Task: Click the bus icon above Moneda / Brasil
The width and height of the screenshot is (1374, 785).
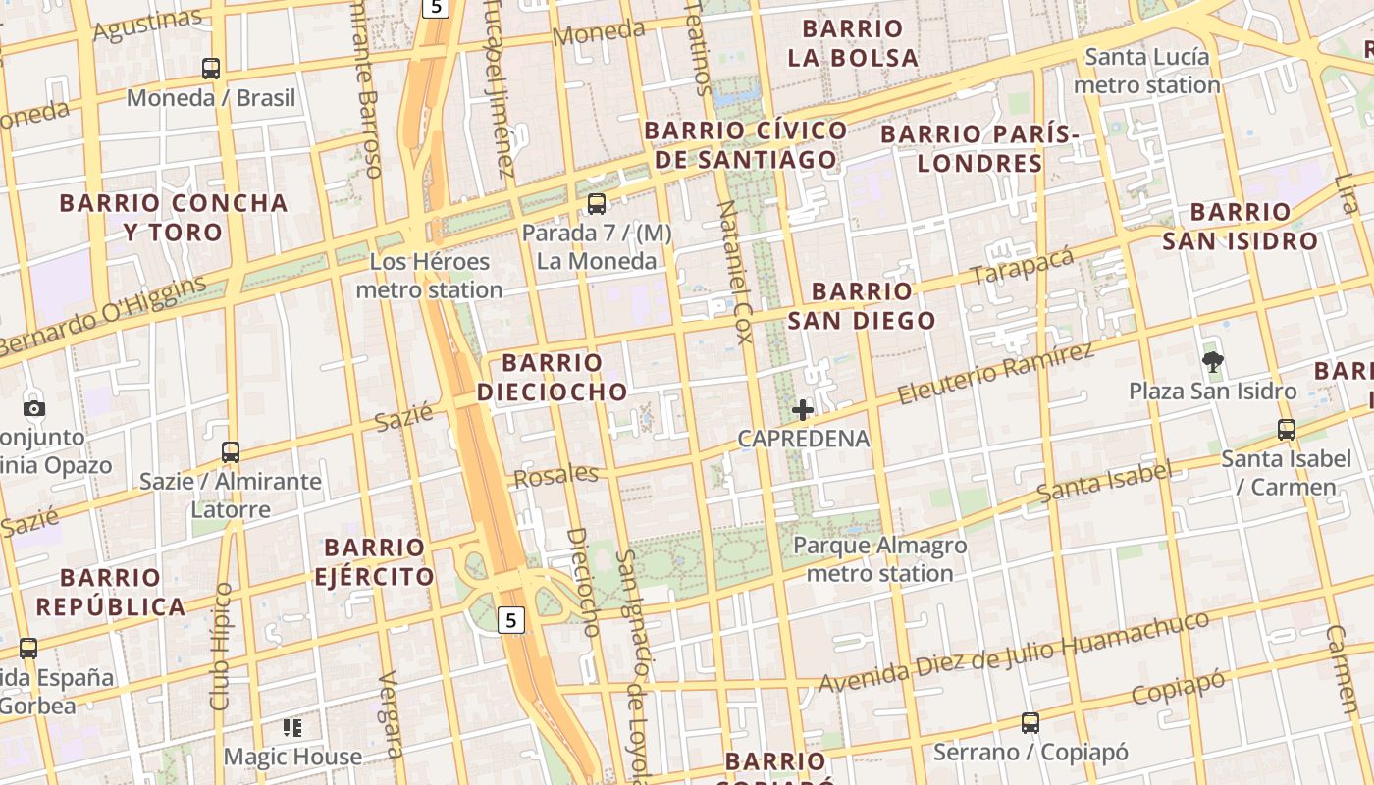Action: pyautogui.click(x=211, y=69)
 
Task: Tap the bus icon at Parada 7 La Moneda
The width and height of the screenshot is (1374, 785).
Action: pyautogui.click(x=596, y=204)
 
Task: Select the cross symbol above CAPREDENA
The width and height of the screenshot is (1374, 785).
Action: pyautogui.click(x=803, y=410)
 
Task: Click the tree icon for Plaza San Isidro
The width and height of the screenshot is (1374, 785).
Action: pyautogui.click(x=1213, y=362)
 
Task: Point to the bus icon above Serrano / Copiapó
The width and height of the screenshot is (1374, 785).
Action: pyautogui.click(x=1030, y=723)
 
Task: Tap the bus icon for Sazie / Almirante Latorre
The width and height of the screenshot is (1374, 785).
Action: pyautogui.click(x=231, y=452)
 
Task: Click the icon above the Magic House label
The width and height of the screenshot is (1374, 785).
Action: pyautogui.click(x=292, y=728)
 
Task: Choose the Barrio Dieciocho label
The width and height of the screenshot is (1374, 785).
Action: pyautogui.click(x=552, y=378)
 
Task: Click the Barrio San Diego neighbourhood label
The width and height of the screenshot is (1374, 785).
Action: pyautogui.click(x=862, y=305)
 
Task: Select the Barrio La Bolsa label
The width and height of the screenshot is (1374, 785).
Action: pyautogui.click(x=853, y=43)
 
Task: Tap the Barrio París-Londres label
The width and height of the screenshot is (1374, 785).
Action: pyautogui.click(x=979, y=148)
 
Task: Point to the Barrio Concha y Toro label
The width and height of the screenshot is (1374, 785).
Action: pyautogui.click(x=174, y=218)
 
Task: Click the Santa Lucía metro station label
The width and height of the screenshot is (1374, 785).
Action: pyautogui.click(x=1146, y=72)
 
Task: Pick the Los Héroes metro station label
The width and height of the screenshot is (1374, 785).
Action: pyautogui.click(x=429, y=276)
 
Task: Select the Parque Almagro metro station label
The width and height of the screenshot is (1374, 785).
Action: pyautogui.click(x=879, y=559)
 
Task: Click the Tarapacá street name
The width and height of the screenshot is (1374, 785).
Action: pyautogui.click(x=1022, y=265)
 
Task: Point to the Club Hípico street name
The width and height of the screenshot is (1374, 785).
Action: pyautogui.click(x=221, y=646)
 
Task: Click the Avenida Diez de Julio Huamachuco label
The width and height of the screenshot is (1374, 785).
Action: pyautogui.click(x=1014, y=652)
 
